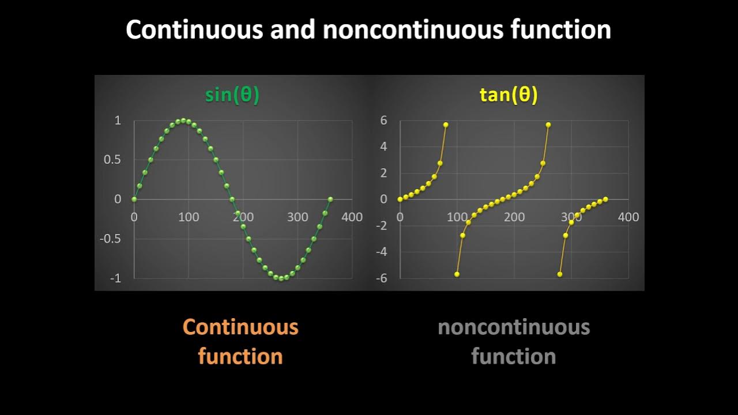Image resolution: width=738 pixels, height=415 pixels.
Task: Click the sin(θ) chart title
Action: pyautogui.click(x=232, y=95)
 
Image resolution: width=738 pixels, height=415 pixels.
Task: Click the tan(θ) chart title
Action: pyautogui.click(x=509, y=95)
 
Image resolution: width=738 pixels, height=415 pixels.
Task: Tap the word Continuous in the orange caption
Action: pyautogui.click(x=240, y=327)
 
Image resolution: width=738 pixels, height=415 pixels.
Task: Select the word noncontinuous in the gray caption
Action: pyautogui.click(x=514, y=327)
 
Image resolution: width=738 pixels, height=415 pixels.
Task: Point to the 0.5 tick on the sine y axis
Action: pyautogui.click(x=112, y=160)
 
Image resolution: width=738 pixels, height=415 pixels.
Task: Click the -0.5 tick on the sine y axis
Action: pyautogui.click(x=111, y=239)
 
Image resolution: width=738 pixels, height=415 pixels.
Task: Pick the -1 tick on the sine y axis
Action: pyautogui.click(x=115, y=278)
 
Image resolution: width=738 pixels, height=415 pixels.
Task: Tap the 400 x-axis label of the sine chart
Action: pyautogui.click(x=352, y=217)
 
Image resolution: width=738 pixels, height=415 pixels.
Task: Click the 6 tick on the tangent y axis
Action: pyautogui.click(x=383, y=120)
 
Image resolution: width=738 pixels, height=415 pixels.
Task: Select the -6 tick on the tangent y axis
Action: pyautogui.click(x=381, y=278)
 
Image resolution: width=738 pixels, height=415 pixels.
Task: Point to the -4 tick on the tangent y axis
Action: pyautogui.click(x=381, y=252)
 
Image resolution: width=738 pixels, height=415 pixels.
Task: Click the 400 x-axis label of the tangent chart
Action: pyautogui.click(x=628, y=217)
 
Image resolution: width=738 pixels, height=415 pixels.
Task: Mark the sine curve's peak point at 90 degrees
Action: pyautogui.click(x=183, y=120)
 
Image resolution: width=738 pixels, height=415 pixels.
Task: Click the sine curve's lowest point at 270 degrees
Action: pyautogui.click(x=281, y=278)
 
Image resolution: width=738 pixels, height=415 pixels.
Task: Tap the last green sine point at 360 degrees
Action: pyautogui.click(x=330, y=199)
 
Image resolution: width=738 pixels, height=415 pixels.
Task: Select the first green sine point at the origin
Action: pyautogui.click(x=134, y=199)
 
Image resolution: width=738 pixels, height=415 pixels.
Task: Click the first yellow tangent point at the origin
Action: pyautogui.click(x=400, y=199)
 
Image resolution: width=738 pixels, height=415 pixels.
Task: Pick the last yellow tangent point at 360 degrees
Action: pyautogui.click(x=605, y=199)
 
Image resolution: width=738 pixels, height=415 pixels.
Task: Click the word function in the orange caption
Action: pyautogui.click(x=240, y=356)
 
